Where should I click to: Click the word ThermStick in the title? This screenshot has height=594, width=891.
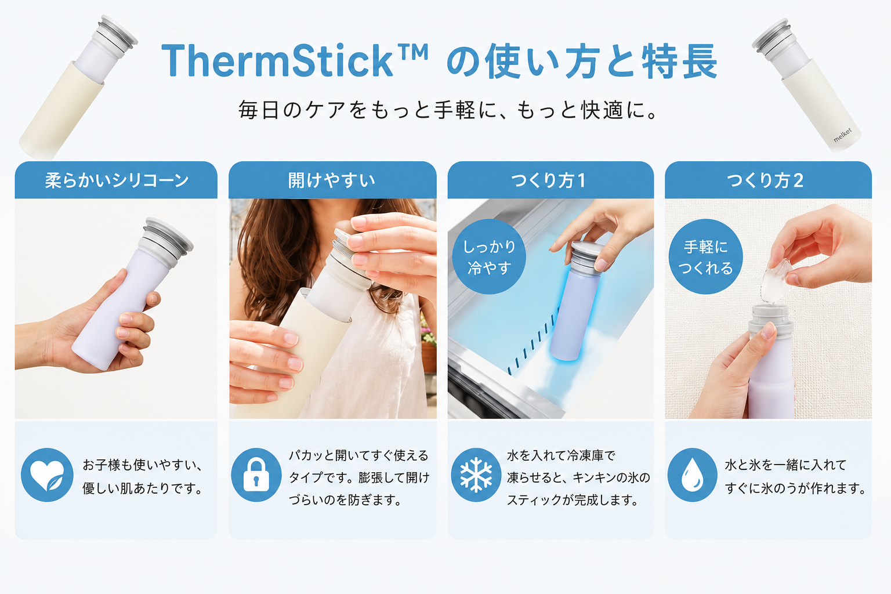click(x=277, y=60)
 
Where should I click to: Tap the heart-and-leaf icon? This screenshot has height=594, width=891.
click(x=47, y=475)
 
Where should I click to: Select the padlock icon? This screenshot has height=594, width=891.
click(x=256, y=475)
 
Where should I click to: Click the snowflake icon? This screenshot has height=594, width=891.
click(x=476, y=475)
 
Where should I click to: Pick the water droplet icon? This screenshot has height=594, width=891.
click(x=692, y=475)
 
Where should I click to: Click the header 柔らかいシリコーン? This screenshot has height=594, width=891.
click(x=117, y=180)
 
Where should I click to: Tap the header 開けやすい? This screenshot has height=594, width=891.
click(x=332, y=180)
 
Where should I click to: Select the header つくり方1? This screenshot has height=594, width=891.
click(x=548, y=180)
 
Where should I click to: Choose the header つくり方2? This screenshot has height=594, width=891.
click(x=765, y=180)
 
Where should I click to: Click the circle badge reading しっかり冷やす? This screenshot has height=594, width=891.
click(x=489, y=256)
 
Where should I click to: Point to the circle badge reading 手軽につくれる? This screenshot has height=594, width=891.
click(x=705, y=256)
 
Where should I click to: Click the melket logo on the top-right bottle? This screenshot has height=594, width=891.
click(x=842, y=135)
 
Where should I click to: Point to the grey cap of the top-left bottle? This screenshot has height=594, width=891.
click(x=115, y=35)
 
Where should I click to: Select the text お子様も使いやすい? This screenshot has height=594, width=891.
click(x=139, y=465)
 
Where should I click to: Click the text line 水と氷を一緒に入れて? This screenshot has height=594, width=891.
click(x=785, y=465)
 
